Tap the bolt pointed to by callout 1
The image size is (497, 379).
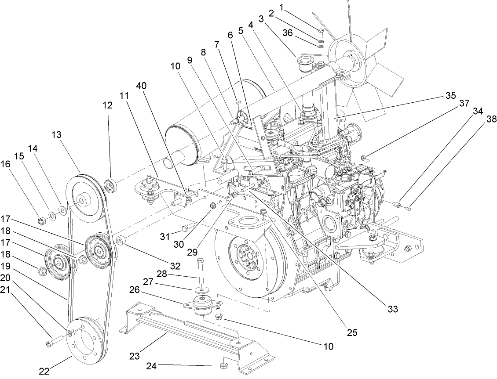(x=321, y=32)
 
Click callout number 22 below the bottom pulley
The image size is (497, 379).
(x=44, y=371)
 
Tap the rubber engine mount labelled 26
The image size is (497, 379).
(x=201, y=305)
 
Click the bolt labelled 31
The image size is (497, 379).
(x=186, y=228)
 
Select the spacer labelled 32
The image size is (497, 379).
(x=121, y=241)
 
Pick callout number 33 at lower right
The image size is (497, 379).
(x=392, y=309)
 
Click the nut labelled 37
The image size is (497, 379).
(x=364, y=158)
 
